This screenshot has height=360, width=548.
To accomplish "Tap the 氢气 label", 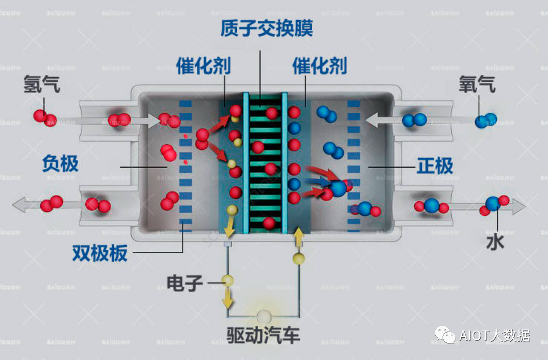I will click(42, 84).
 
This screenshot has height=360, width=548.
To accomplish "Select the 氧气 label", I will click(477, 84).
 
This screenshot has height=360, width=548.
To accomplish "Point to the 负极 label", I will click(60, 163).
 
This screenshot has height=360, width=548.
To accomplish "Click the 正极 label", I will click(435, 166).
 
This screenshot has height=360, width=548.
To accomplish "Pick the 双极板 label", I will click(100, 253).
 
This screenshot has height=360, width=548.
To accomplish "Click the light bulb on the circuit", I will click(264, 316).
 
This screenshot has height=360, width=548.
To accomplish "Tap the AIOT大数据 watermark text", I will click(494, 335).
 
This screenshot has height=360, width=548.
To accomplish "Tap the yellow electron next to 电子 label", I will click(227, 281).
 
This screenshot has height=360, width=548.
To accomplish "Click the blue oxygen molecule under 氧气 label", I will click(486, 121).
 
